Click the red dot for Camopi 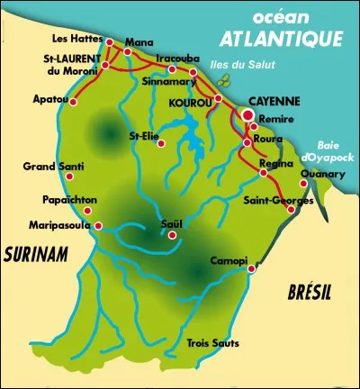(x=251, y=267)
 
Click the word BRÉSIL (x=310, y=293)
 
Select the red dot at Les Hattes (x=109, y=41)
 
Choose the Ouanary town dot (x=304, y=184)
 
